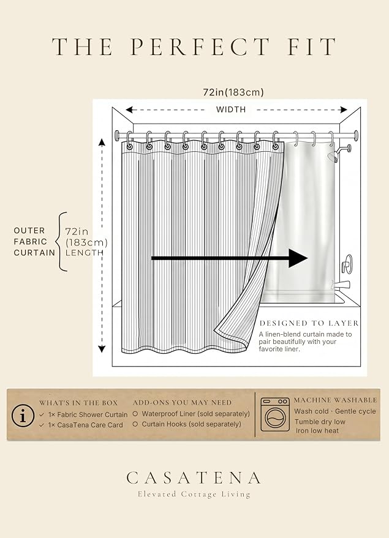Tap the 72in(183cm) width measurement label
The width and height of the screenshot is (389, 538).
[233, 92]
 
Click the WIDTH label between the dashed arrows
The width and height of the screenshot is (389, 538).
[231, 110]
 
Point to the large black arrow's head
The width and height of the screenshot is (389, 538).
[298, 258]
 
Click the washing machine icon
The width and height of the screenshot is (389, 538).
[274, 414]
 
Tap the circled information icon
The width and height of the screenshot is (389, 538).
[23, 416]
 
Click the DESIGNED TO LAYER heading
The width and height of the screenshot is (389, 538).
[309, 323]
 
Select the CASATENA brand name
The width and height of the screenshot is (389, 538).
[194, 477]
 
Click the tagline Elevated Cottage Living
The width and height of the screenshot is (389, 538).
[194, 494]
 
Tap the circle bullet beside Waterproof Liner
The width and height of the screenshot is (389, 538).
[135, 414]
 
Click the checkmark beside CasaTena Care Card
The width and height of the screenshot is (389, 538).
[42, 425]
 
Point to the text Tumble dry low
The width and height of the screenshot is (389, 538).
[320, 422]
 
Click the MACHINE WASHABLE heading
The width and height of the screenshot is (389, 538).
[336, 400]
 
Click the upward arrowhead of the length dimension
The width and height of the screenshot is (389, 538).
[102, 142]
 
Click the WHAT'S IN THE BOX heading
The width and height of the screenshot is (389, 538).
[78, 403]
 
